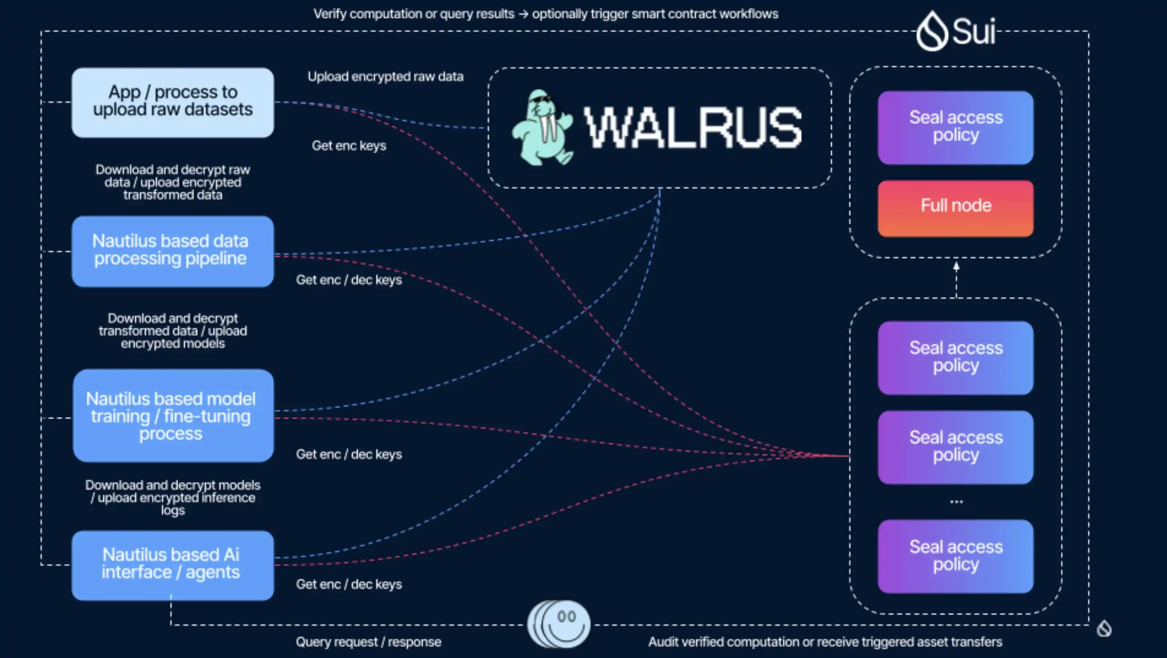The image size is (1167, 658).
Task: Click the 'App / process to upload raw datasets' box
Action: point(173,102)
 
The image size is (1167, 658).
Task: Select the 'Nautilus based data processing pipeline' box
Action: point(173,251)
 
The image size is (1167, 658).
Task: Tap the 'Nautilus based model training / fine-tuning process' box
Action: point(173,416)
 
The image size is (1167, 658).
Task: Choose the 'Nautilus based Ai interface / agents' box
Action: point(173,565)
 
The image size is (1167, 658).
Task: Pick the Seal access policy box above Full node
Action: point(956,127)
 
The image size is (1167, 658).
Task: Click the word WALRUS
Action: point(693,128)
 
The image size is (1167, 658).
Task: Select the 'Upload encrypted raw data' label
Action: point(385,77)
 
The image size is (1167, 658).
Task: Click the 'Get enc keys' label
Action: point(349,146)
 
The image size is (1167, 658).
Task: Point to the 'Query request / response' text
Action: point(369,642)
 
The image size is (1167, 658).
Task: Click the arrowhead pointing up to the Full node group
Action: point(956,267)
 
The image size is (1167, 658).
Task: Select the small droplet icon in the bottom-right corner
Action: point(1104,628)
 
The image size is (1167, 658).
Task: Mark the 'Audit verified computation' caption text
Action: point(825,642)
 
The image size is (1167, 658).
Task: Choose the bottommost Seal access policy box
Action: point(956,556)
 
